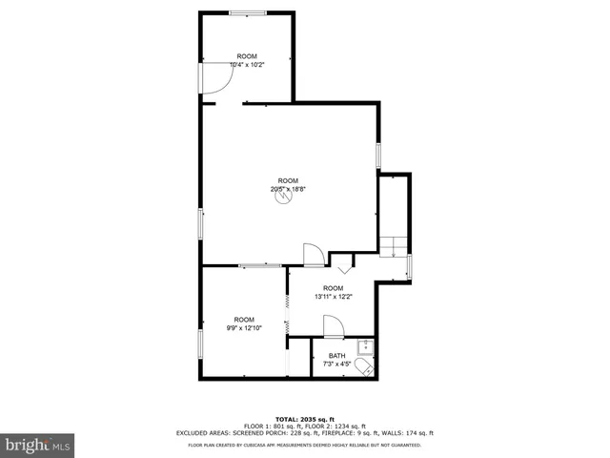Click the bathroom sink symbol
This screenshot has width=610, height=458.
(363, 346)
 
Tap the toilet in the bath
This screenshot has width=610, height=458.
(363, 370)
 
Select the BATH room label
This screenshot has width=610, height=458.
(338, 356)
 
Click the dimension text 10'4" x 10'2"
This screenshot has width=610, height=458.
(247, 64)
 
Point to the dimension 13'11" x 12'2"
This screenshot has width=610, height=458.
(333, 296)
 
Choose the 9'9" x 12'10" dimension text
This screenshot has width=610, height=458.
(244, 327)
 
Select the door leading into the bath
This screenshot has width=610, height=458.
(333, 327)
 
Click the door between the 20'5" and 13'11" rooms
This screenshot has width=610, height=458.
(313, 255)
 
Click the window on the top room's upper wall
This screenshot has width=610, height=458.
(247, 11)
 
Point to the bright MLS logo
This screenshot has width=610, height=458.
(38, 445)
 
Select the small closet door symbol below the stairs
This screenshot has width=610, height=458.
(342, 260)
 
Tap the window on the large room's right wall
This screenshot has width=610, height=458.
(378, 156)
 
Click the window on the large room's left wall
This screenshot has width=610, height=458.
(200, 224)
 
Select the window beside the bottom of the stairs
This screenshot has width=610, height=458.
(409, 267)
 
